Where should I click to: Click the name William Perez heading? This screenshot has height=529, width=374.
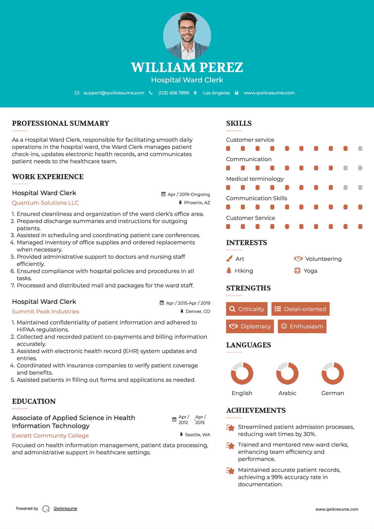[x=187, y=67]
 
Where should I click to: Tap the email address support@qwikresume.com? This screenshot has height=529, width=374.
[x=114, y=93]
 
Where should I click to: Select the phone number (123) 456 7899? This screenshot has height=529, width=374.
[x=174, y=93]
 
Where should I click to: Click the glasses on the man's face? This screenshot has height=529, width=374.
[x=187, y=29]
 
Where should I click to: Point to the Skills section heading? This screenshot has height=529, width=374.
[x=239, y=123]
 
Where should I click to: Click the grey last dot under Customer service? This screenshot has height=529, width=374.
[x=360, y=148]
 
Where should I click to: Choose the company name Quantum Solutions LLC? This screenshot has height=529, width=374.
[x=45, y=203]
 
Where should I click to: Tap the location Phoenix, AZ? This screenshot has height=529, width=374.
[x=197, y=203]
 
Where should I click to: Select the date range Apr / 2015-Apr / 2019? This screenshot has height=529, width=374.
[x=188, y=303]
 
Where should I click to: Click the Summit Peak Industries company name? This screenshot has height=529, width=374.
[x=45, y=312]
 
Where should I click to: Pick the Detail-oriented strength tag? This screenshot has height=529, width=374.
[x=300, y=309]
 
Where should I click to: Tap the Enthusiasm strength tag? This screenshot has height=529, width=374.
[x=302, y=326]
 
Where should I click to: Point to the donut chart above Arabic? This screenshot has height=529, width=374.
[x=287, y=373]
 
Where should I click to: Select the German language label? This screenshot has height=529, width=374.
[x=333, y=393]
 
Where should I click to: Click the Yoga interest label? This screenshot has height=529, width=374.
[x=310, y=271]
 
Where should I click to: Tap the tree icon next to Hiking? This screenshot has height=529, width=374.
[x=229, y=271]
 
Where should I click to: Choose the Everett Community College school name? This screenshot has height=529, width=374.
[x=50, y=436]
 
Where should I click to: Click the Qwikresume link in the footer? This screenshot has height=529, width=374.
[x=65, y=509]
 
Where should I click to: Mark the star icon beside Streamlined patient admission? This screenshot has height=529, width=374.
[x=230, y=428]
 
